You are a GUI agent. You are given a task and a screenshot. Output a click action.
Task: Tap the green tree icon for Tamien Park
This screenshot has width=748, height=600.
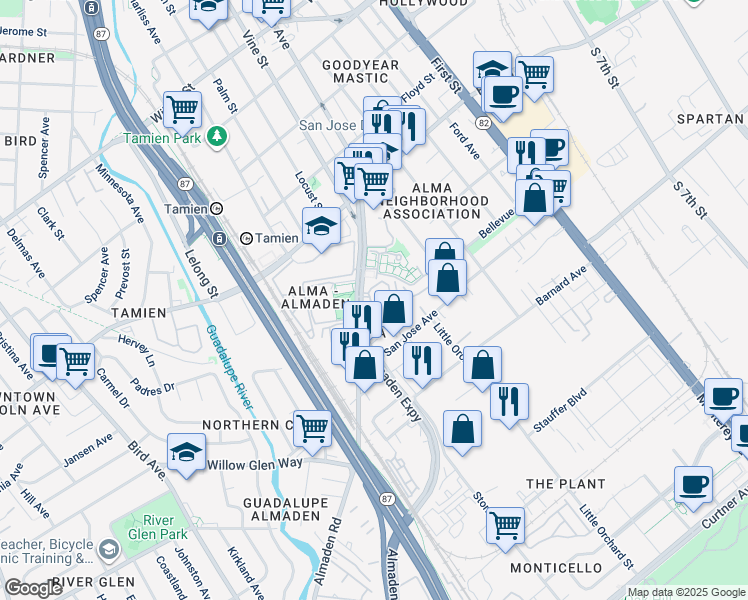pos(215,136)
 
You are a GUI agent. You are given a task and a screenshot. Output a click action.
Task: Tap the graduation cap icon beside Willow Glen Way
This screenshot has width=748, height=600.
pos(186,452)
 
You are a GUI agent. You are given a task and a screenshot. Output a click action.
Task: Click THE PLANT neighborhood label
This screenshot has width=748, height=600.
pos(566,484)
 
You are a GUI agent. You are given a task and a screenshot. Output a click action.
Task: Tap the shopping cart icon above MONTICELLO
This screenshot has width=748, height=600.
pos(505,522)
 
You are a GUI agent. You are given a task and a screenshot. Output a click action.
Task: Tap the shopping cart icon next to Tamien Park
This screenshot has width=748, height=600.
pos(182,108)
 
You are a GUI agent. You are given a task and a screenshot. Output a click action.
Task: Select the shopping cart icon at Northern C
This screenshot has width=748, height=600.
pos(313,428)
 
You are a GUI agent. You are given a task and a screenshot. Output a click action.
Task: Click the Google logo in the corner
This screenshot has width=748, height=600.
pos(33,588)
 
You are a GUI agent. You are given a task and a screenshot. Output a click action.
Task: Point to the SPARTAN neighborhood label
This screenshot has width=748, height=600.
pos(709,119)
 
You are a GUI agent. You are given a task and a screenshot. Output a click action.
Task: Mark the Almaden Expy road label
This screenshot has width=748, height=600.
pos(400,396)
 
